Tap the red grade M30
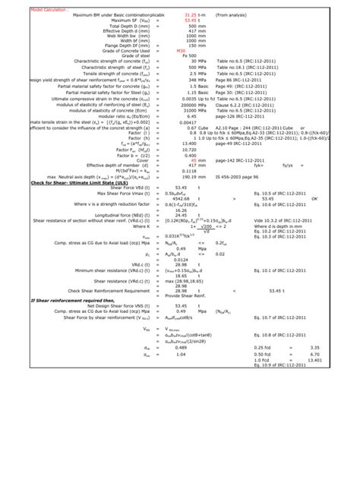pyautogui.click(x=180, y=49)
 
